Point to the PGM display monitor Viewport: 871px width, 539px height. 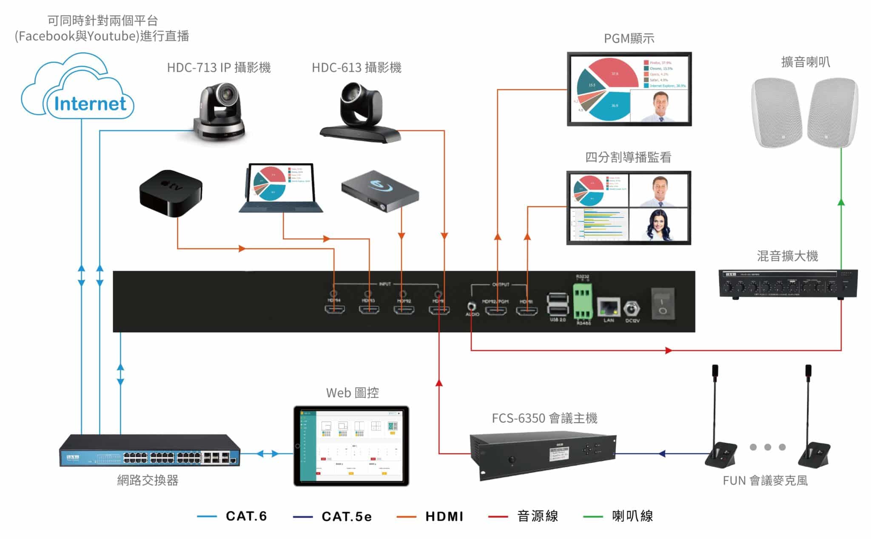click(x=629, y=89)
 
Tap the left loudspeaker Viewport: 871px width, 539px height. click(x=776, y=112)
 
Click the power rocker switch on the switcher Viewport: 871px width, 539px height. click(x=663, y=303)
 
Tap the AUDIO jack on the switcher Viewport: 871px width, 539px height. click(x=471, y=306)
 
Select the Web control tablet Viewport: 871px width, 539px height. click(x=351, y=445)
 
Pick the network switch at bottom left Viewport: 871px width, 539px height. click(x=149, y=451)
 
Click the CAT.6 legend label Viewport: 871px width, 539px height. click(x=246, y=516)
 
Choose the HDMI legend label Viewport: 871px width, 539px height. click(x=444, y=516)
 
